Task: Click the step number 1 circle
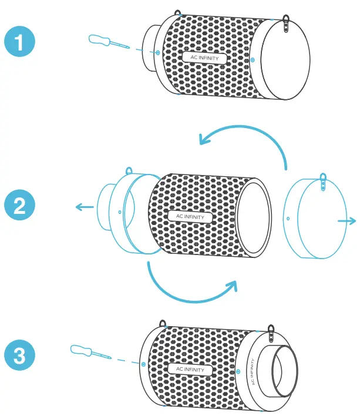(x=19, y=43)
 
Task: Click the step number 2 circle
(x=19, y=206)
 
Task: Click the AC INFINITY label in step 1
(x=204, y=58)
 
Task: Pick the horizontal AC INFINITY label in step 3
(x=190, y=369)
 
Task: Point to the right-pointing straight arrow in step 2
(x=347, y=220)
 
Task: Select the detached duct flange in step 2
(x=120, y=209)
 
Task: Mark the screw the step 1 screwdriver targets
(x=159, y=52)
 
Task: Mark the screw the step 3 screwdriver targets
(x=143, y=364)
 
